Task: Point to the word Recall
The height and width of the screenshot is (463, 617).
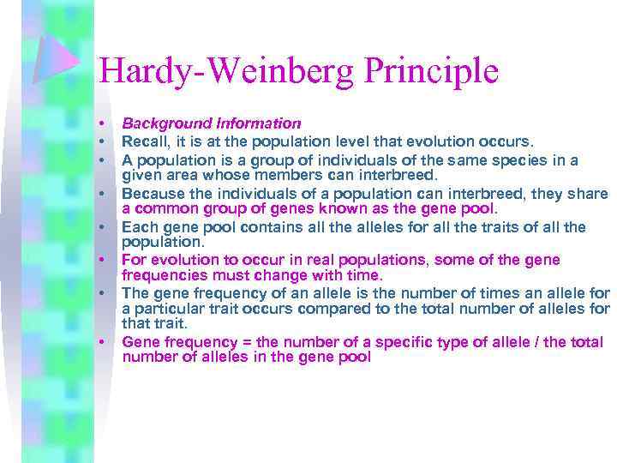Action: [143, 141]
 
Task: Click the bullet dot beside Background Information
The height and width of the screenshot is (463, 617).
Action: [101, 124]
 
